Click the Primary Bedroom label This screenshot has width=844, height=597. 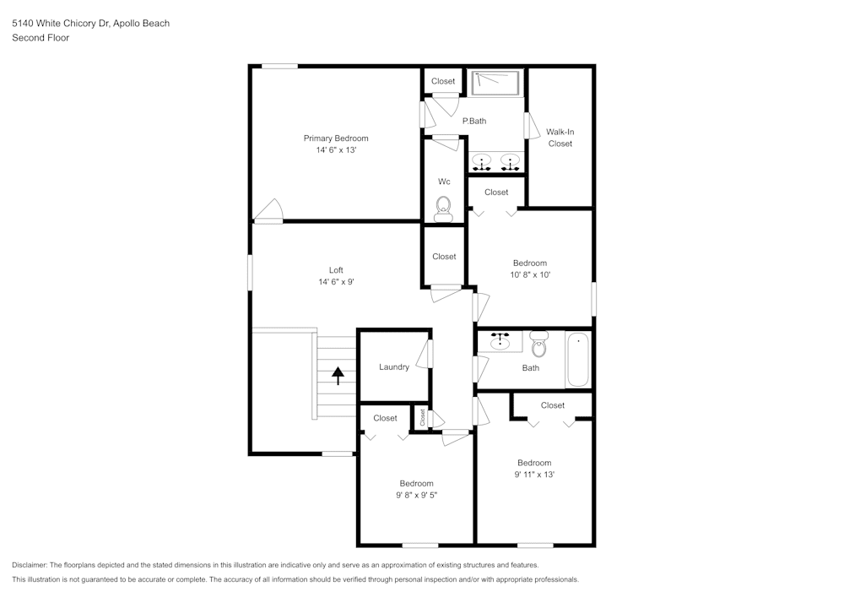pos(336,138)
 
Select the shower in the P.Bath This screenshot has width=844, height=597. pos(495,83)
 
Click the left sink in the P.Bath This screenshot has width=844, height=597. pos(483,160)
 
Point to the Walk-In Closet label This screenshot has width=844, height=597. pos(560,138)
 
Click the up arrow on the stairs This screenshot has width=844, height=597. pos(338,375)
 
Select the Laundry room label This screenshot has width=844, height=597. pos(394,367)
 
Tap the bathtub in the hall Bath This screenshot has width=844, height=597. pos(577,360)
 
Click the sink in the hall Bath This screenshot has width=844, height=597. pos(502,341)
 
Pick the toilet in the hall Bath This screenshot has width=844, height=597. pos(538,344)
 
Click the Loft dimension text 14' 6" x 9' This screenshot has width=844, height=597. pos(336,282)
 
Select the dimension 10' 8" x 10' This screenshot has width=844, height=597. pos(530,274)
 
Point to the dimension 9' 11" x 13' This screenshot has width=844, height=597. pos(534,475)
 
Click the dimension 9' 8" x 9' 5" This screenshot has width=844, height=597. pos(416,496)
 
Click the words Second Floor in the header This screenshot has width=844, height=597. pos(41,38)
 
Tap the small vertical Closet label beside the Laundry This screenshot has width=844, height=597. pos(423,417)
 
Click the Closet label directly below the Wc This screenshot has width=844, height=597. pos(444,257)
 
